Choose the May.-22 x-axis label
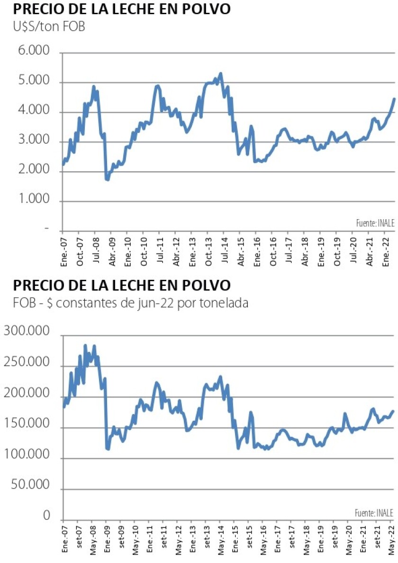pos(391,536)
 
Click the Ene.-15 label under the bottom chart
pos(235,536)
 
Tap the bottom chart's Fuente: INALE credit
pos(375,512)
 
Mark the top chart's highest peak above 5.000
pos(220,74)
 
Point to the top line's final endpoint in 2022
pos(395,98)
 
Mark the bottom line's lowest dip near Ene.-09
pos(108,449)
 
